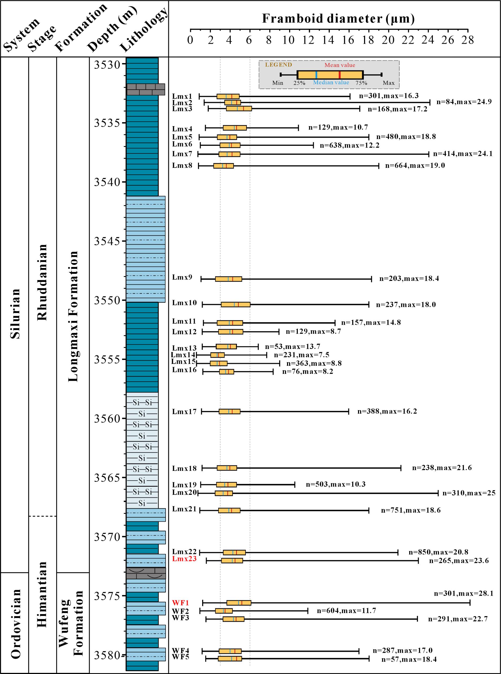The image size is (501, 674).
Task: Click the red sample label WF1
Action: pyautogui.click(x=180, y=603)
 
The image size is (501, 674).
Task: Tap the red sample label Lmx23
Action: pyautogui.click(x=184, y=558)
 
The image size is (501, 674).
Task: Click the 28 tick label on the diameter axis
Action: pyautogui.click(x=467, y=40)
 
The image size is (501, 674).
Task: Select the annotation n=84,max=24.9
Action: pyautogui.click(x=464, y=102)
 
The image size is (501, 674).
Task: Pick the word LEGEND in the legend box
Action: pyautogui.click(x=278, y=65)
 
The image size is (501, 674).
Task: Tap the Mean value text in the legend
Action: pyautogui.click(x=340, y=65)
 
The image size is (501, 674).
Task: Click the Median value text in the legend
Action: pyautogui.click(x=331, y=83)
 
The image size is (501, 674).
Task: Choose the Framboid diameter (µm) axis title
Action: pyautogui.click(x=338, y=18)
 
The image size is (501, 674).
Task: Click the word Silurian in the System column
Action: pyautogui.click(x=15, y=313)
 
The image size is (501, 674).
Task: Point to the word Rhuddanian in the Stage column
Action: pyautogui.click(x=42, y=282)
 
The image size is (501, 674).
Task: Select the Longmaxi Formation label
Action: pyautogui.click(x=73, y=316)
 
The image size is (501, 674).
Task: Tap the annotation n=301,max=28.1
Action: pyautogui.click(x=463, y=593)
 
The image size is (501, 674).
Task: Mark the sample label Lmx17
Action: pyautogui.click(x=184, y=411)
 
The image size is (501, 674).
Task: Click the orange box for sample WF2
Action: pyautogui.click(x=224, y=611)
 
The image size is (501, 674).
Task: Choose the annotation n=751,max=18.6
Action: pyautogui.click(x=411, y=510)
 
